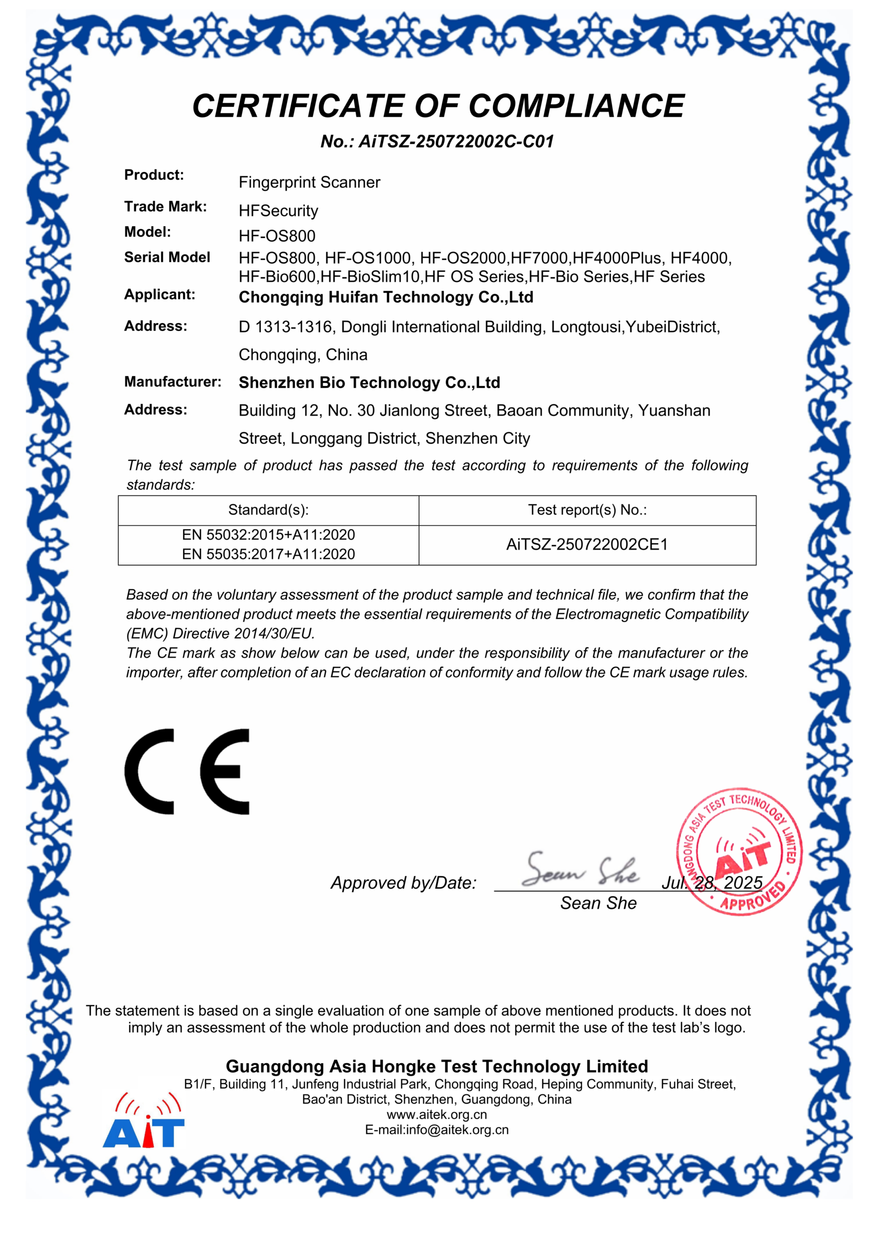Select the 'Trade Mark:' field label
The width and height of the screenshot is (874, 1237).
click(x=165, y=206)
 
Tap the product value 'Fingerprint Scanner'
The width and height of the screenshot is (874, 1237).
click(x=309, y=182)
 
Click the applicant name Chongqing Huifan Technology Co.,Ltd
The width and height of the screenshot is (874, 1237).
click(x=385, y=297)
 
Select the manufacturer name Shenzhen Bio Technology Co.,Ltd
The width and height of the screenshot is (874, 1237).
click(x=369, y=383)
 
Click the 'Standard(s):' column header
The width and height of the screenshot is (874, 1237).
click(x=268, y=510)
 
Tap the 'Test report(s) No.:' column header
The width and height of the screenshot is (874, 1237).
click(x=587, y=510)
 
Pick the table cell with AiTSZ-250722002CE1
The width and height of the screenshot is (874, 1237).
click(x=587, y=545)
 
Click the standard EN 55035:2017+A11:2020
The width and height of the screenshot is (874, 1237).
click(x=268, y=554)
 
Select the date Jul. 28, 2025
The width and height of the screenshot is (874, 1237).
click(x=711, y=883)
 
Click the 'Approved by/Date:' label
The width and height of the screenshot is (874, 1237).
click(x=403, y=883)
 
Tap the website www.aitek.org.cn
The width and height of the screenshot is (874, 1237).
click(x=437, y=1115)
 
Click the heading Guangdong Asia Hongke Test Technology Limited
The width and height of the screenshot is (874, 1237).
click(x=437, y=1066)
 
